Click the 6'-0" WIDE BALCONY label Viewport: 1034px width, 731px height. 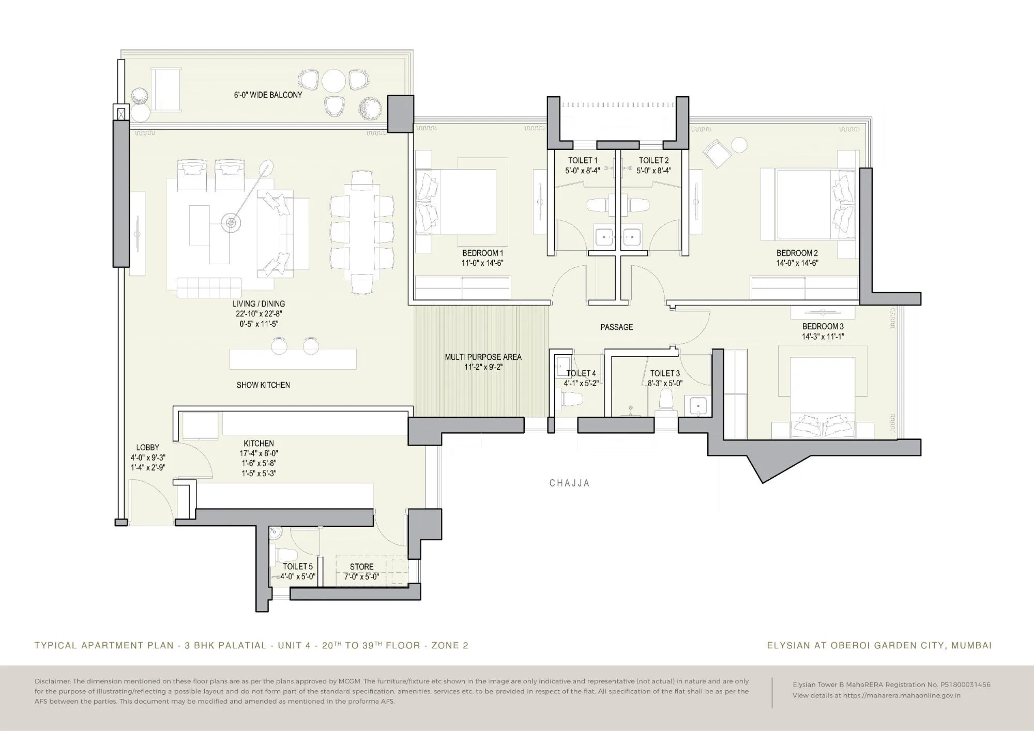(268, 95)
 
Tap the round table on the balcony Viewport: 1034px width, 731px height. (333, 81)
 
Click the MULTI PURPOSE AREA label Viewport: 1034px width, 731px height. (483, 357)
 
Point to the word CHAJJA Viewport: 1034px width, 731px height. (569, 483)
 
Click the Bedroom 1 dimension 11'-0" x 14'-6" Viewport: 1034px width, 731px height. (482, 263)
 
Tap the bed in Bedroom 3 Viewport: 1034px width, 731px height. (822, 398)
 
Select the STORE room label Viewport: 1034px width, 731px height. (361, 567)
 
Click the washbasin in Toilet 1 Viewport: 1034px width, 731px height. (603, 237)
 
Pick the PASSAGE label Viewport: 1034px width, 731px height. (616, 327)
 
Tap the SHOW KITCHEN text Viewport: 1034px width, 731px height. (263, 385)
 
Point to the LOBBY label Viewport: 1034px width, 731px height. (147, 448)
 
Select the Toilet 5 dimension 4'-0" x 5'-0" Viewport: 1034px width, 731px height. (298, 577)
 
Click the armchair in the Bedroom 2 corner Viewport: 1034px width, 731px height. (716, 154)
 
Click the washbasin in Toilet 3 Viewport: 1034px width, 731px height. (697, 406)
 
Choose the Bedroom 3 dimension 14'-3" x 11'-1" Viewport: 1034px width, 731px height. (823, 337)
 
